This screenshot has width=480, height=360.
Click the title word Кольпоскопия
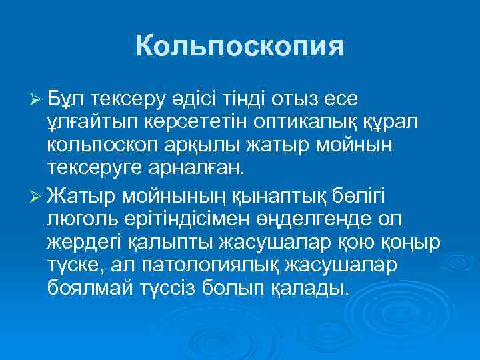pos(240,47)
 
